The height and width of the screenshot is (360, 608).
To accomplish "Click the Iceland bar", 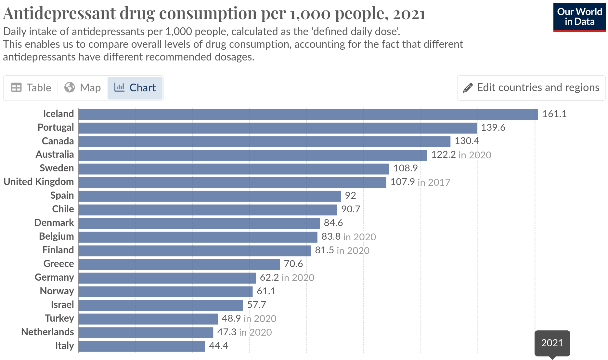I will [308, 114].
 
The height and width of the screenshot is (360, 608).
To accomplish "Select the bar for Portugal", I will [277, 128].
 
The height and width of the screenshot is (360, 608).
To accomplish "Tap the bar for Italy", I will [141, 346].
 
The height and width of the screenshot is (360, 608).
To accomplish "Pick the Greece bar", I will [179, 264].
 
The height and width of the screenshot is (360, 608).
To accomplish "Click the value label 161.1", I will [554, 114].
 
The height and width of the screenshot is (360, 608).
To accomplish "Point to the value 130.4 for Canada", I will [467, 141].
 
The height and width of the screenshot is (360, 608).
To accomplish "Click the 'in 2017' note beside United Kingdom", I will [434, 182].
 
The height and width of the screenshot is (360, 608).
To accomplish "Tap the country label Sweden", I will [57, 168].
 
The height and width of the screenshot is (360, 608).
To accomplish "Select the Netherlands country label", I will [47, 332].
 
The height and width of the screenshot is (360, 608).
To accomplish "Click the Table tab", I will [31, 88].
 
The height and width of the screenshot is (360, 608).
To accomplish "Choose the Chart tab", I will [135, 88].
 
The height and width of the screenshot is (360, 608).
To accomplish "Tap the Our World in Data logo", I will [579, 17].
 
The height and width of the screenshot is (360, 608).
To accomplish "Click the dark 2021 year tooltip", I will [552, 343].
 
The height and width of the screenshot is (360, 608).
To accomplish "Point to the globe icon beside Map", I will [70, 87].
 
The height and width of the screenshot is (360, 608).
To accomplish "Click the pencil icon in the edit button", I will [468, 88].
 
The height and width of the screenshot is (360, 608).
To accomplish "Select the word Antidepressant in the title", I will [59, 14].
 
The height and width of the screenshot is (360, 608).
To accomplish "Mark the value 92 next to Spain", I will [350, 195].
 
